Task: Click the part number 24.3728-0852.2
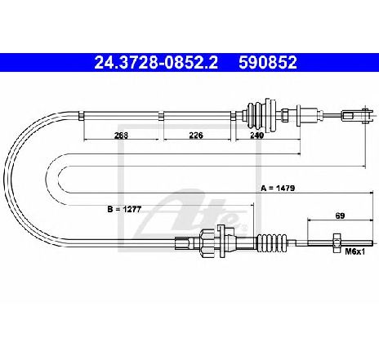click(156, 62)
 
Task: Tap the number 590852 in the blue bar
click(268, 62)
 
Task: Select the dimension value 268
click(121, 136)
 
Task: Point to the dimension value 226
click(196, 135)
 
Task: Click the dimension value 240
click(256, 136)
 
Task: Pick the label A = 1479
click(278, 188)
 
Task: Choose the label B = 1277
click(124, 209)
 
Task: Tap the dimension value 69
click(340, 216)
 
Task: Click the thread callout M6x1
click(354, 251)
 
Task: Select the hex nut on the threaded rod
click(337, 243)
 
